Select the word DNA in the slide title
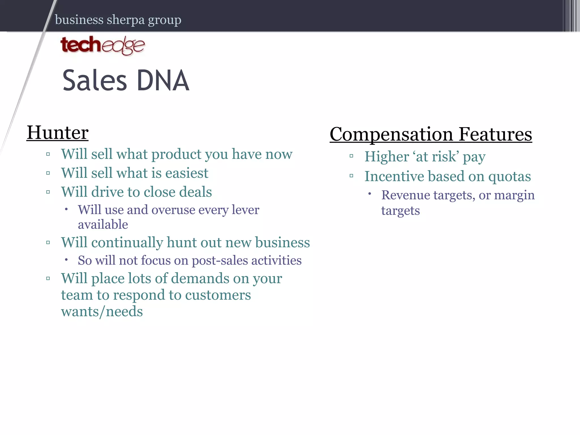(163, 81)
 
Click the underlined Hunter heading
(57, 133)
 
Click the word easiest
(187, 173)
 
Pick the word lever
(245, 210)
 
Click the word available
(103, 225)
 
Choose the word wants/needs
(102, 312)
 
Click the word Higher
(387, 157)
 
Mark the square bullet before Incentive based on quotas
(351, 176)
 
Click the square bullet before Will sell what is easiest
(48, 173)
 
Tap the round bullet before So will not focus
(66, 259)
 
